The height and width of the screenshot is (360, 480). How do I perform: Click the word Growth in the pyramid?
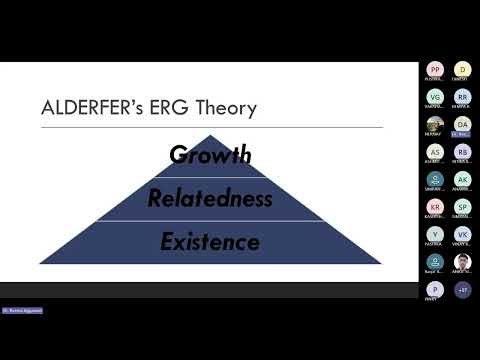(x=210, y=155)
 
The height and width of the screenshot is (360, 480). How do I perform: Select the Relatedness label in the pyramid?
(x=210, y=198)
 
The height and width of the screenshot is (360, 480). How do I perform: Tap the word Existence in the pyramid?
(x=210, y=242)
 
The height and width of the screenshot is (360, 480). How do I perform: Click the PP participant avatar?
(x=435, y=69)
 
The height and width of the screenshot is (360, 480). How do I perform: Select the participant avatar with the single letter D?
(x=462, y=69)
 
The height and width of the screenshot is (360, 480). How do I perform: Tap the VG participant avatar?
(x=435, y=97)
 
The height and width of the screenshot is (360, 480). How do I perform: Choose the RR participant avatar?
(x=462, y=97)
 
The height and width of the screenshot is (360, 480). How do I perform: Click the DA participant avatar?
(x=462, y=124)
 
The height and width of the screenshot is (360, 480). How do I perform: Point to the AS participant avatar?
(x=435, y=152)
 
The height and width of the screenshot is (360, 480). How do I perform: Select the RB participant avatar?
(x=462, y=152)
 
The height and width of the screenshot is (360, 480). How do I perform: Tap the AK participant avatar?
(x=462, y=180)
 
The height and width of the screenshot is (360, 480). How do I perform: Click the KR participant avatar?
(x=435, y=207)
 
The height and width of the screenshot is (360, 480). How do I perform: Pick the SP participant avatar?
(x=462, y=207)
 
